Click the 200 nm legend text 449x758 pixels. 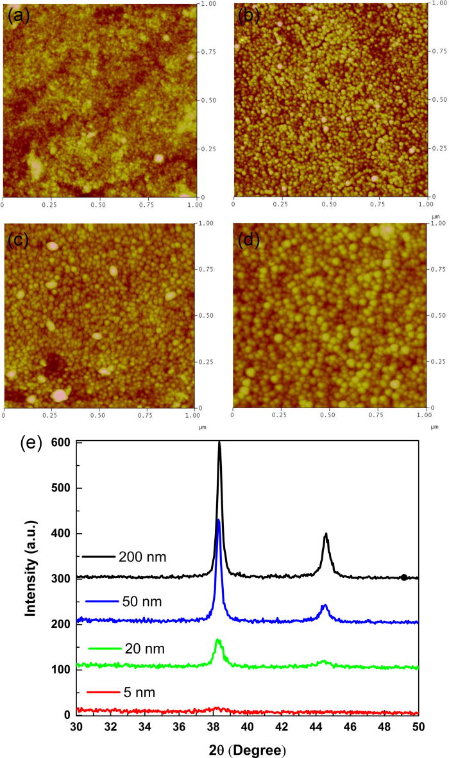142,557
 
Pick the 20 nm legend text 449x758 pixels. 145,649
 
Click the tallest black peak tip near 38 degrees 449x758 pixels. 219,442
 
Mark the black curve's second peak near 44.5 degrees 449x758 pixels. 326,534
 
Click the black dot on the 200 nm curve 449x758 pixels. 403,577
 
